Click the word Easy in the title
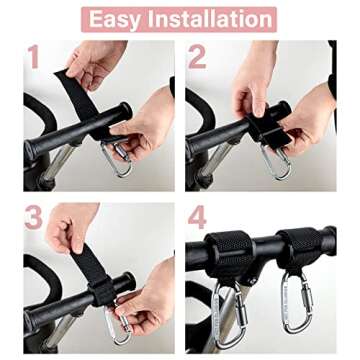point(117,18)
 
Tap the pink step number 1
point(33,57)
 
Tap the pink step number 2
point(198,57)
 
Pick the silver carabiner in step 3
point(118,322)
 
